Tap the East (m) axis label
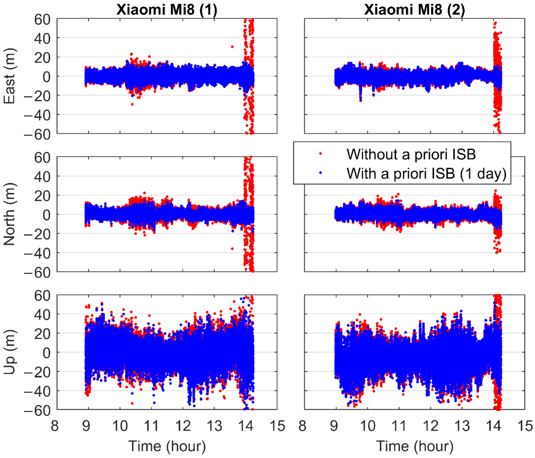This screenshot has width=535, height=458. pos(10,76)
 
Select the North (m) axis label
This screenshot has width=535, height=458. pos(10,214)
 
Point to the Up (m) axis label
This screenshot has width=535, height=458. pos(10,352)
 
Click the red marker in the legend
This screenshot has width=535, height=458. pos(321,154)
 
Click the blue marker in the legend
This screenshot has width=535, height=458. pos(321,173)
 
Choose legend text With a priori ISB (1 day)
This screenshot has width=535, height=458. pos(426,173)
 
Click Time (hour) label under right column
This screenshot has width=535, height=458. pos(414,446)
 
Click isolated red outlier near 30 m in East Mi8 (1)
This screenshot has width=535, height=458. pos(232,47)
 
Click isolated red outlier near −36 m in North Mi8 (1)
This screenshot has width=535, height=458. pos(232,249)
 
